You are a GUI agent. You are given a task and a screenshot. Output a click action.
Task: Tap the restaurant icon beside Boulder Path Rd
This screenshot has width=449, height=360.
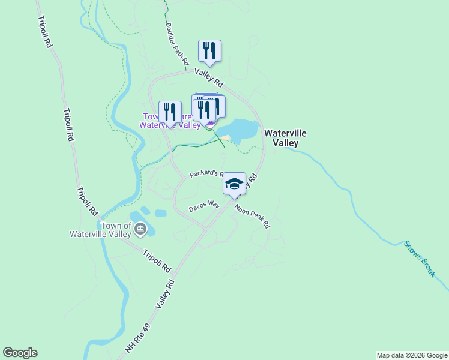click(209, 50)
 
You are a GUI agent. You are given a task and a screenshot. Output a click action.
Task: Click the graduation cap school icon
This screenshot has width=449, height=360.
click(234, 184)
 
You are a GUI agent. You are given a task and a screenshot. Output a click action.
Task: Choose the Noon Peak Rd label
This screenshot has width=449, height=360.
click(253, 217)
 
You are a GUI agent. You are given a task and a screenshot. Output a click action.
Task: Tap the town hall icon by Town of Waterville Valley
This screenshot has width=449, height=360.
click(140, 229)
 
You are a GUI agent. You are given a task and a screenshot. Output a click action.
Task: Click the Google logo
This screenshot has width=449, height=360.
click(20, 353)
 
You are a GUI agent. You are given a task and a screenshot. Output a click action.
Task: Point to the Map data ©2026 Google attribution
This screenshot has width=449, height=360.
click(412, 355)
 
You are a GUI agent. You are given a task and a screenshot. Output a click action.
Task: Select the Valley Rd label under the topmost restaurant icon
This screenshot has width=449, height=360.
click(208, 77)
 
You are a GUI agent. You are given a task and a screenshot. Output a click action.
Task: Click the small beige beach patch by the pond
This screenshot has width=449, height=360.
click(225, 139)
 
